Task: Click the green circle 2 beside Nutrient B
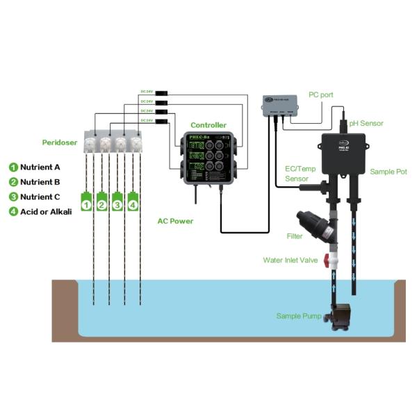click(13, 182)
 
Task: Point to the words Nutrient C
click(40, 197)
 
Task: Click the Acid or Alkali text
click(46, 211)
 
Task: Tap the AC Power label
click(175, 221)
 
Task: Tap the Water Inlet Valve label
click(289, 260)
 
